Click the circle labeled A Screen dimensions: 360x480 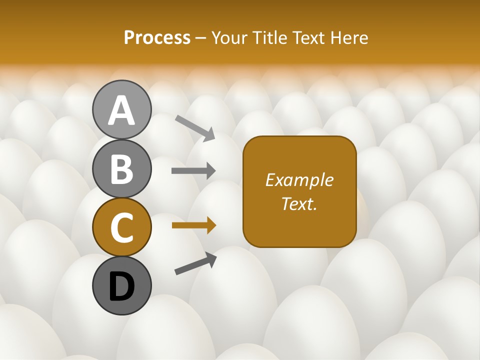click(x=121, y=109)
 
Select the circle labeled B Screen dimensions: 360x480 click(x=121, y=168)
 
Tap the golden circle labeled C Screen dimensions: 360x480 click(x=121, y=227)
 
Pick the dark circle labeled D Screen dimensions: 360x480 click(x=121, y=285)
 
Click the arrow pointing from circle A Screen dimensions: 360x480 click(x=195, y=127)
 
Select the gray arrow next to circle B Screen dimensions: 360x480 click(x=193, y=171)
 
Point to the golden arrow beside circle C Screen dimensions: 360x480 click(x=193, y=225)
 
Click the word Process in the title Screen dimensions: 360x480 click(x=157, y=38)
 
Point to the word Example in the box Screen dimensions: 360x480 click(x=299, y=180)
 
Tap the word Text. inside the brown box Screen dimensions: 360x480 click(x=299, y=204)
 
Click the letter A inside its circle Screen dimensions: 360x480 click(x=121, y=110)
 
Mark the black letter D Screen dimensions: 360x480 click(x=121, y=286)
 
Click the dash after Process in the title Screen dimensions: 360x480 click(x=201, y=38)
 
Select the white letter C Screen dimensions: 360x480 click(x=121, y=227)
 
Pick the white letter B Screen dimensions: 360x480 click(x=121, y=168)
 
